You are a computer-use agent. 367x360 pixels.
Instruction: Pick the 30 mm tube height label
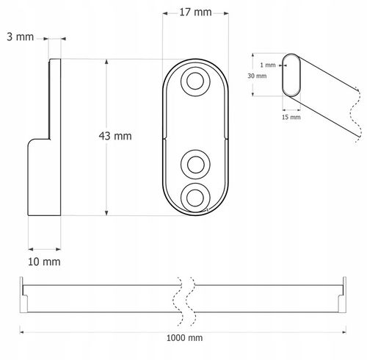click(x=257, y=75)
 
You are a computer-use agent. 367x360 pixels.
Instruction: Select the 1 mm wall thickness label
click(x=269, y=65)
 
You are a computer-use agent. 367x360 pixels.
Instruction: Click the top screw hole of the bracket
click(x=195, y=81)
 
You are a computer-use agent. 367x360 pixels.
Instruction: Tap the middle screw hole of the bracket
click(x=195, y=162)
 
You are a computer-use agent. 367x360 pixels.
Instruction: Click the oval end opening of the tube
click(x=292, y=74)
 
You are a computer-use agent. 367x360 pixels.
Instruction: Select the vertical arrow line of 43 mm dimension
click(x=108, y=137)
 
